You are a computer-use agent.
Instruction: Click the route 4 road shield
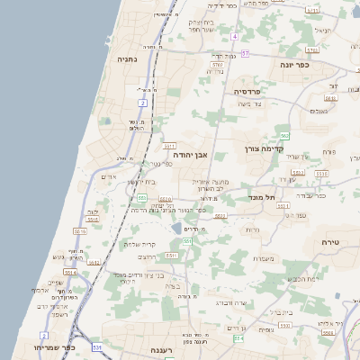pyautogui.click(x=234, y=37)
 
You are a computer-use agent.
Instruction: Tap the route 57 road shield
pyautogui.click(x=246, y=54)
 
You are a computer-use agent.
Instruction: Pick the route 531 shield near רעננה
pyautogui.click(x=96, y=347)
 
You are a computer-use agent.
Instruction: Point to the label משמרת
pyautogui.click(x=263, y=260)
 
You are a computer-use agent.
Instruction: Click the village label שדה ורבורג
pyautogui.click(x=233, y=302)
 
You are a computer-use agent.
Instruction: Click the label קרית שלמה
pyautogui.click(x=139, y=244)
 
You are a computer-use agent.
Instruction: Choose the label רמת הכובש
pyautogui.click(x=301, y=279)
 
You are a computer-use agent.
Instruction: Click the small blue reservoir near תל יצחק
pyautogui.click(x=176, y=229)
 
